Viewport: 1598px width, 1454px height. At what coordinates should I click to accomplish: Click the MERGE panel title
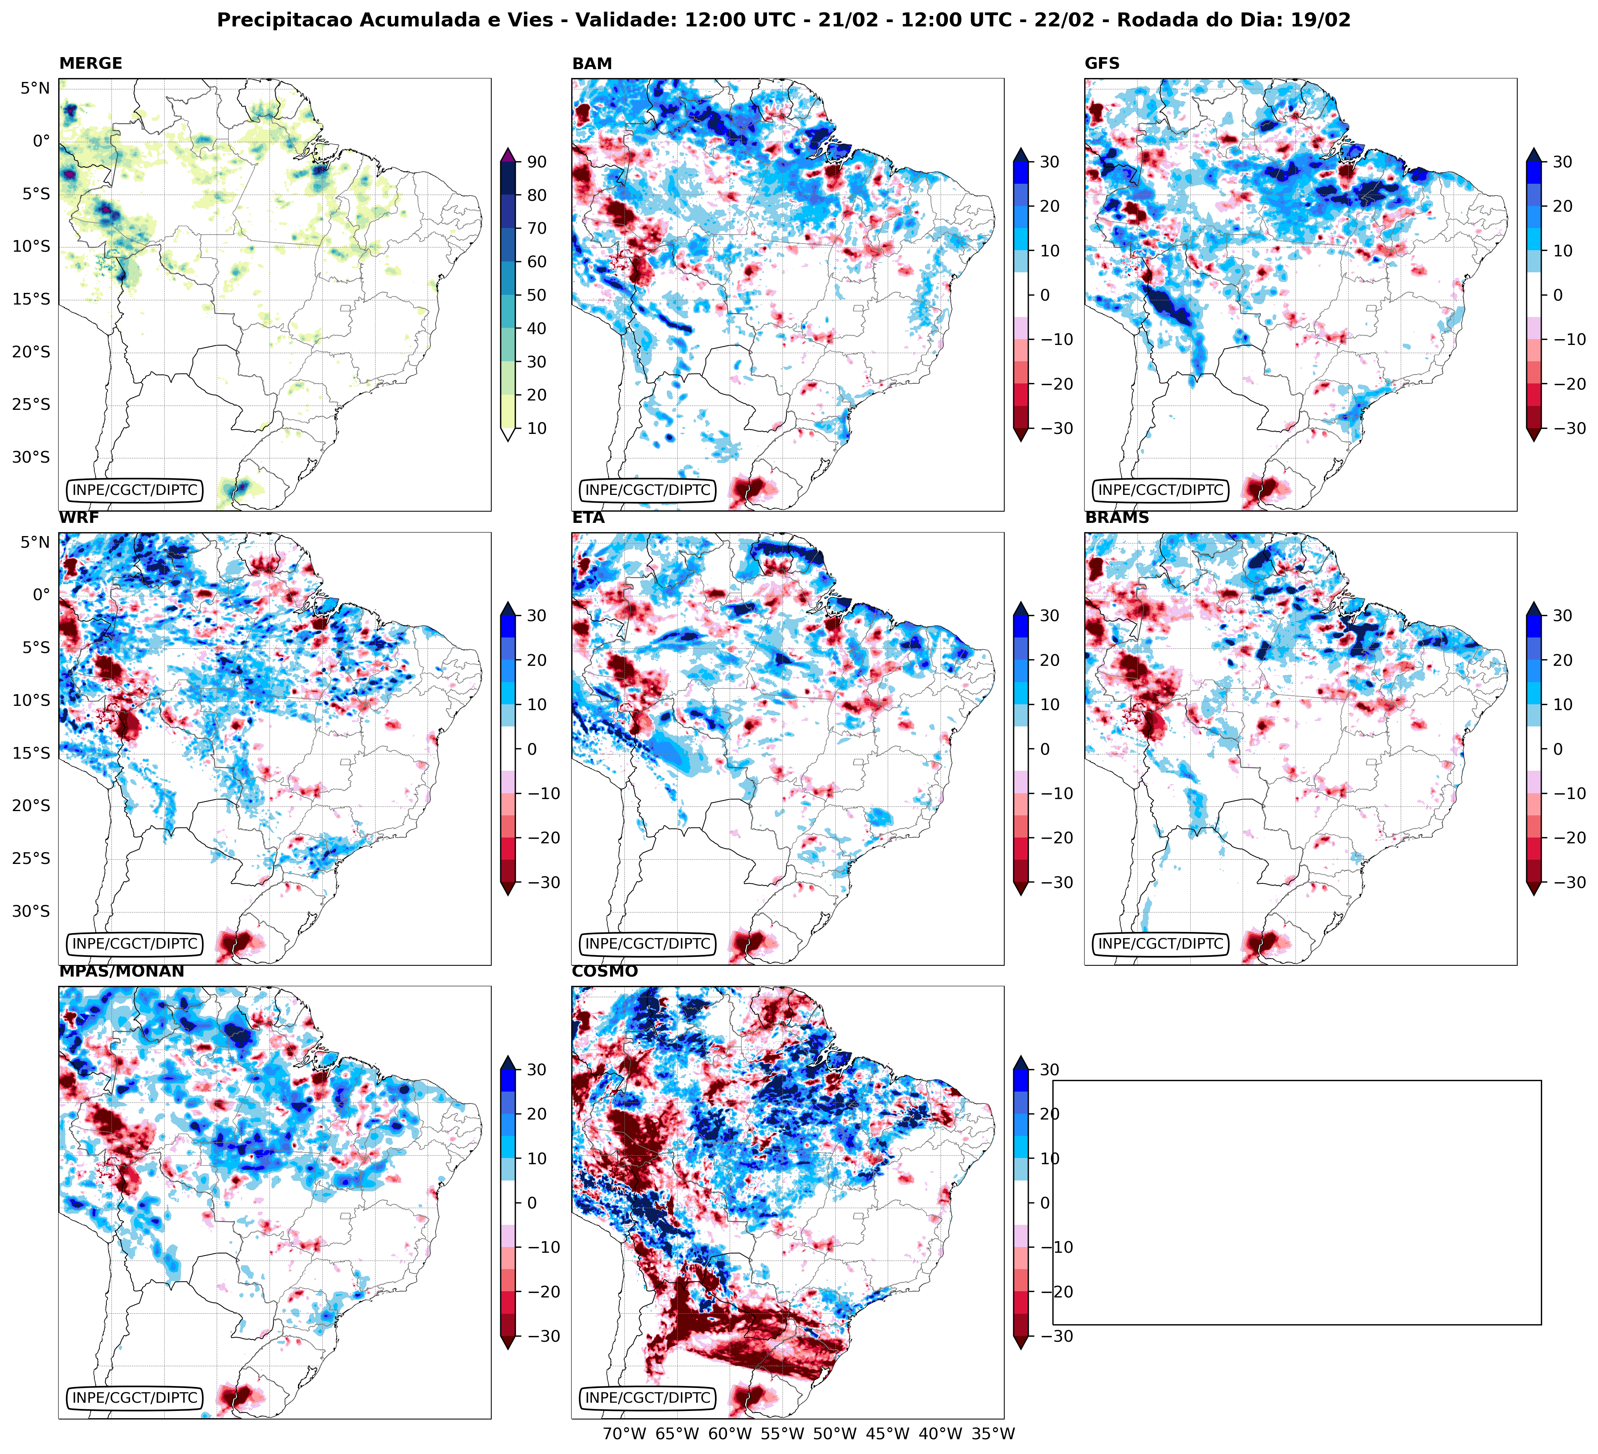(x=90, y=63)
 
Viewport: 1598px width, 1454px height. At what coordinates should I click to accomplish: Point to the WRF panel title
(x=78, y=518)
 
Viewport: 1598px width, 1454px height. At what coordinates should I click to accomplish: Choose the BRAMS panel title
(x=1116, y=518)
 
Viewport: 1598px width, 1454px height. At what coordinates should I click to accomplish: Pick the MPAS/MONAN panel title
(x=121, y=971)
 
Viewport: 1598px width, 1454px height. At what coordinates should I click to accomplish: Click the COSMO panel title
(x=604, y=971)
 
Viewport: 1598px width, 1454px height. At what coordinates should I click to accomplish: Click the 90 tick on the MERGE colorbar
(x=537, y=162)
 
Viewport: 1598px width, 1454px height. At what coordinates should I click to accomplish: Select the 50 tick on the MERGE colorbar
(x=537, y=295)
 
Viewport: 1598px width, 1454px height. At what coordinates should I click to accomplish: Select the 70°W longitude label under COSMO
(x=624, y=1433)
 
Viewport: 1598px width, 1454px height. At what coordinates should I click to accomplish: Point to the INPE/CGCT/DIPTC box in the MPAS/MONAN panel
(x=135, y=1398)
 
